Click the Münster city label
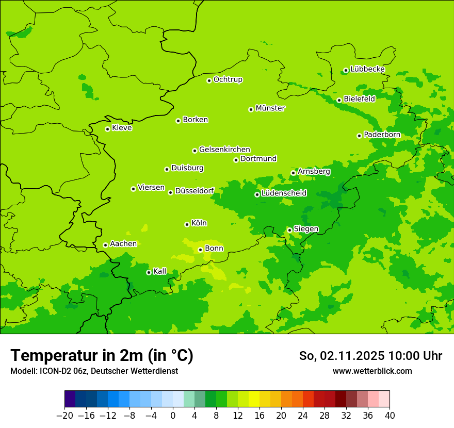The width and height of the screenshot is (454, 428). click(x=270, y=108)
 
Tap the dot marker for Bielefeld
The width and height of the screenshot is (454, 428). click(x=339, y=100)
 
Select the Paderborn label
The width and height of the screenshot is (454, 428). click(x=382, y=135)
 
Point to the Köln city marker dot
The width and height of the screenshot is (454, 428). click(x=187, y=224)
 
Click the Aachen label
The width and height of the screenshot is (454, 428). click(x=123, y=244)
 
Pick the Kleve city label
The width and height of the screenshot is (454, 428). click(x=122, y=128)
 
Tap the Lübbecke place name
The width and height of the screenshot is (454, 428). click(x=367, y=69)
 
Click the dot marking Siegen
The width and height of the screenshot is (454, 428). click(x=290, y=230)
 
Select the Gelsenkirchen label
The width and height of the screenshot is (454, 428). click(x=224, y=150)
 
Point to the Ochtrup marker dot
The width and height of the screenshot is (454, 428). click(x=209, y=80)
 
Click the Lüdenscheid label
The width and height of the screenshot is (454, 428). click(x=284, y=193)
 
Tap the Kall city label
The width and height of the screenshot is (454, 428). click(x=160, y=271)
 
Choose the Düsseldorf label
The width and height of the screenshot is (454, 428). click(x=194, y=191)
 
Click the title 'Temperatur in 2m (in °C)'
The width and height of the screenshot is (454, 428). click(x=102, y=355)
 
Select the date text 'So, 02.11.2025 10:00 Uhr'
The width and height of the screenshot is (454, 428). click(x=370, y=356)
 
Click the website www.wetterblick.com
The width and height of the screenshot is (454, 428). click(x=372, y=371)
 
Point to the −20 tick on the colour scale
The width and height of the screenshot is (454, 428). click(x=64, y=416)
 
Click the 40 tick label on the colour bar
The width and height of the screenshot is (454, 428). click(x=390, y=416)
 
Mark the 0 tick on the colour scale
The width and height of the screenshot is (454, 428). click(x=173, y=416)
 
